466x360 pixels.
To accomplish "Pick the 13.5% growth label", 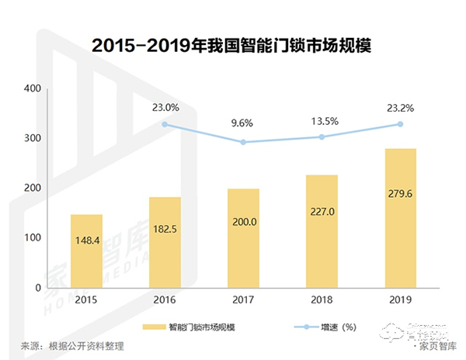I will coord(322,120).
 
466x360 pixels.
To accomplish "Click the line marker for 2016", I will coord(165,124).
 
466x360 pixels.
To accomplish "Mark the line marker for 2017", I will coord(243,142).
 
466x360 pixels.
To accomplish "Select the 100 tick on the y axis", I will coord(32,237).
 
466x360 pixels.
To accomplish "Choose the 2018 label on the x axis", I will coord(322,299).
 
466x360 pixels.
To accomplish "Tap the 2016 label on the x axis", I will coord(165,299).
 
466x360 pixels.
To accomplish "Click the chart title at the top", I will coord(232,45).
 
